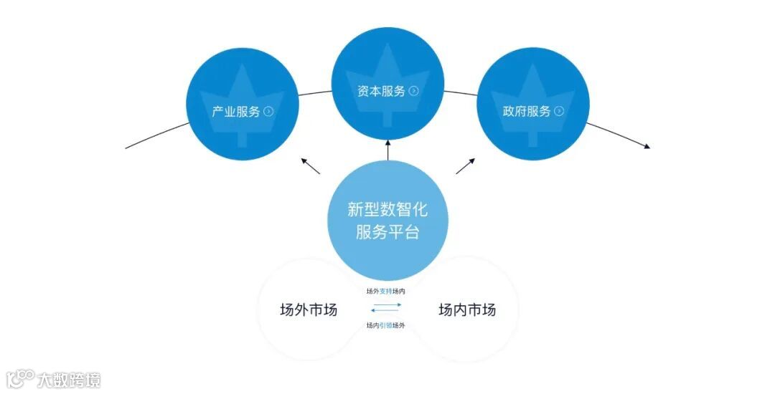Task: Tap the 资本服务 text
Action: pos(381,91)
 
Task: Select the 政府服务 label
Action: pos(526,112)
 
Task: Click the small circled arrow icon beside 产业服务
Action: pos(268,112)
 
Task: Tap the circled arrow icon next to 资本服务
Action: pos(413,91)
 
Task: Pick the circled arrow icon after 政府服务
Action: pos(559,112)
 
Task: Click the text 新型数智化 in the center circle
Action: pos(387,209)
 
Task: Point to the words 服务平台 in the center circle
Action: pos(387,233)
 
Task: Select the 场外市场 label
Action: pos(309,310)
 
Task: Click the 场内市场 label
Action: pos(467,310)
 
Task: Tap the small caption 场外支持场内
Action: pos(386,291)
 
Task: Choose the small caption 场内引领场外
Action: pos(386,325)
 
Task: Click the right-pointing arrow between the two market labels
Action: pos(387,305)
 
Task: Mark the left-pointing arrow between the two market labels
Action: pos(385,311)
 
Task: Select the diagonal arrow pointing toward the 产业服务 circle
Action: pos(310,166)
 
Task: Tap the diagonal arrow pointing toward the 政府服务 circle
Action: pos(465,166)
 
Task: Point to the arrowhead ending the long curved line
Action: pos(647,147)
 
